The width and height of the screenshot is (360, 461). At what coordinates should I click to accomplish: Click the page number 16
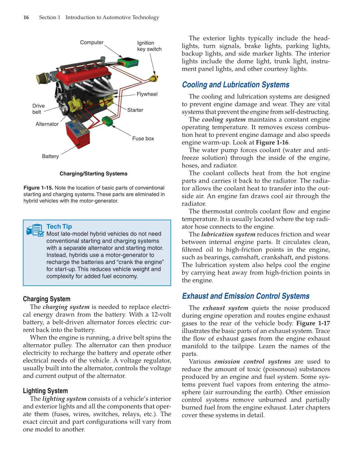pos(26,17)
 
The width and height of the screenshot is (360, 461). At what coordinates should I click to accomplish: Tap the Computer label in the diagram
pos(92,42)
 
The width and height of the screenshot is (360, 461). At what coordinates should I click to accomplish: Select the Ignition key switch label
pos(149,46)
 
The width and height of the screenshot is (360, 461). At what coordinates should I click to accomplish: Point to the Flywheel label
pos(147,94)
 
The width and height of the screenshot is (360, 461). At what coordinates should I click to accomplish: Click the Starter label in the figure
pos(135,110)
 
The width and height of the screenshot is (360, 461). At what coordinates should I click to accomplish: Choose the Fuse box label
pos(143,138)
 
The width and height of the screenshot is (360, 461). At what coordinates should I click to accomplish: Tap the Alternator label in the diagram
pos(47,124)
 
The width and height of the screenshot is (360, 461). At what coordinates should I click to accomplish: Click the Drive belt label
pos(38,109)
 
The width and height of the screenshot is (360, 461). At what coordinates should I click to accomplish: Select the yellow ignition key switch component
pos(154,78)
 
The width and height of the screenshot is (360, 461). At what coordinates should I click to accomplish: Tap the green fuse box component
pos(107,121)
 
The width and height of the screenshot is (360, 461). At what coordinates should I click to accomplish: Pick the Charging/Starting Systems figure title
pos(93,174)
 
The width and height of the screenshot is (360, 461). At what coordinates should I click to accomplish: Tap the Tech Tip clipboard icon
pos(35,230)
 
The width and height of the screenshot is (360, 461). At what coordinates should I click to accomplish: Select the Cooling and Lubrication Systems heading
pos(235,85)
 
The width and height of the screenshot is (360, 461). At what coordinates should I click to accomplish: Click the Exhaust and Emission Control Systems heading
pos(246,296)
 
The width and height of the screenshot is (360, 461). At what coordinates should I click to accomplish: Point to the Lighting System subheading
pos(45,391)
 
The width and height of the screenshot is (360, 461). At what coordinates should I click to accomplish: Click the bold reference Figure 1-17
pos(313,323)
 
